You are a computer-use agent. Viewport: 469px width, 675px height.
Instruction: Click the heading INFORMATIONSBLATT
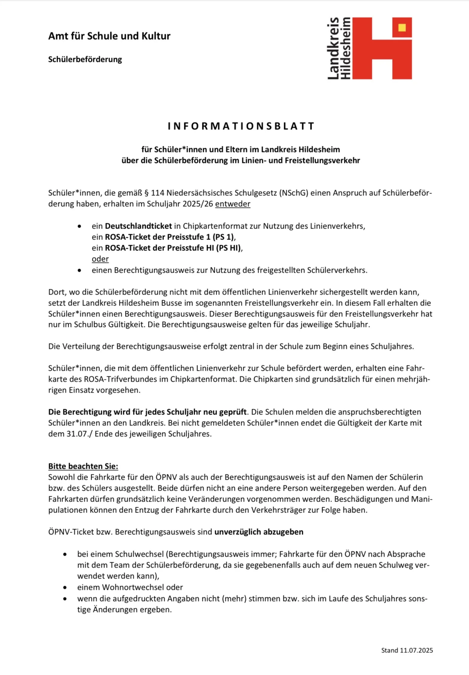coord(241,126)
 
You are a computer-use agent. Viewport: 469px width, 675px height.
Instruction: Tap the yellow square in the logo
coord(402,28)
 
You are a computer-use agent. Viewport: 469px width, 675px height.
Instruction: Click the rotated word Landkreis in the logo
coord(333,48)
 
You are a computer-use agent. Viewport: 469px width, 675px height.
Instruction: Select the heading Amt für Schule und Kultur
coord(109,36)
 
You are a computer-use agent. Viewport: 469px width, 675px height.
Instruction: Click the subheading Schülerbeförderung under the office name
coord(85,60)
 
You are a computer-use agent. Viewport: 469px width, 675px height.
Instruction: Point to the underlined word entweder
coord(233,204)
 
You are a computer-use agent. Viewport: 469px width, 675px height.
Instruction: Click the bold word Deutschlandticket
coord(138,226)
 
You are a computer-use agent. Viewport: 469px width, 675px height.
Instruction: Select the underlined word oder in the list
coord(100,259)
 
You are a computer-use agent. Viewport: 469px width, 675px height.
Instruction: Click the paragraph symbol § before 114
coord(147,193)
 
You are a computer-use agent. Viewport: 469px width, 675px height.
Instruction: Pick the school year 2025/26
coord(198,204)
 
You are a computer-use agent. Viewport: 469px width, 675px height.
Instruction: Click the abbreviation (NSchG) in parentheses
coord(294,193)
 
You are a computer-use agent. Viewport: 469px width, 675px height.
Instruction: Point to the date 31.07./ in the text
coord(79,434)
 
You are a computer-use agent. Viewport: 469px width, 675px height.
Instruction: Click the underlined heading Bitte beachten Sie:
coord(83,466)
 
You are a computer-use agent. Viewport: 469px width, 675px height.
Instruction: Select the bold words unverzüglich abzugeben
coord(259,532)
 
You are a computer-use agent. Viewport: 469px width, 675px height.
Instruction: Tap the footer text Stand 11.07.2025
coord(407,650)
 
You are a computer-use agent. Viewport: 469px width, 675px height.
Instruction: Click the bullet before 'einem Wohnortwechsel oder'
coord(65,588)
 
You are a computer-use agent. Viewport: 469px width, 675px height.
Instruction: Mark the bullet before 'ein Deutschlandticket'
coord(79,226)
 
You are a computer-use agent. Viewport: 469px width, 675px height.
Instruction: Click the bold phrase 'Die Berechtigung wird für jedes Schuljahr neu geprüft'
coord(148,412)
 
